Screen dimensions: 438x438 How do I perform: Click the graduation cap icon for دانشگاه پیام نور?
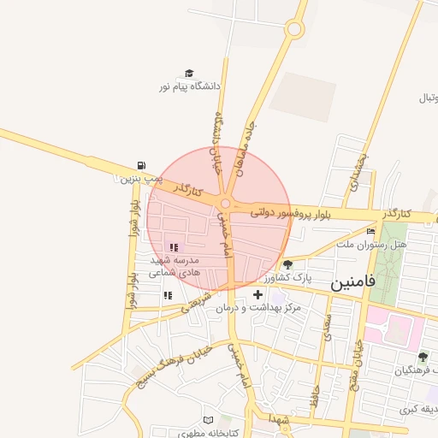[189, 74]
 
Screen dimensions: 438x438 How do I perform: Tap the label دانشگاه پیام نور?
[189, 87]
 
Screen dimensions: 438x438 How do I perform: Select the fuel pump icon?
[140, 166]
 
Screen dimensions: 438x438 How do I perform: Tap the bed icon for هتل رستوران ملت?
[370, 231]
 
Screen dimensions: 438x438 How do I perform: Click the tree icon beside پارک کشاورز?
[287, 264]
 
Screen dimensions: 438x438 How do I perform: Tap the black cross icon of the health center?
[257, 294]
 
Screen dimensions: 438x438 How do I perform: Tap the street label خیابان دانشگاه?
[217, 141]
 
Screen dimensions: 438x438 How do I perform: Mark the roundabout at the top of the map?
[294, 29]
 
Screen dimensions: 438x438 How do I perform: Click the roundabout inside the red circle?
[226, 203]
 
